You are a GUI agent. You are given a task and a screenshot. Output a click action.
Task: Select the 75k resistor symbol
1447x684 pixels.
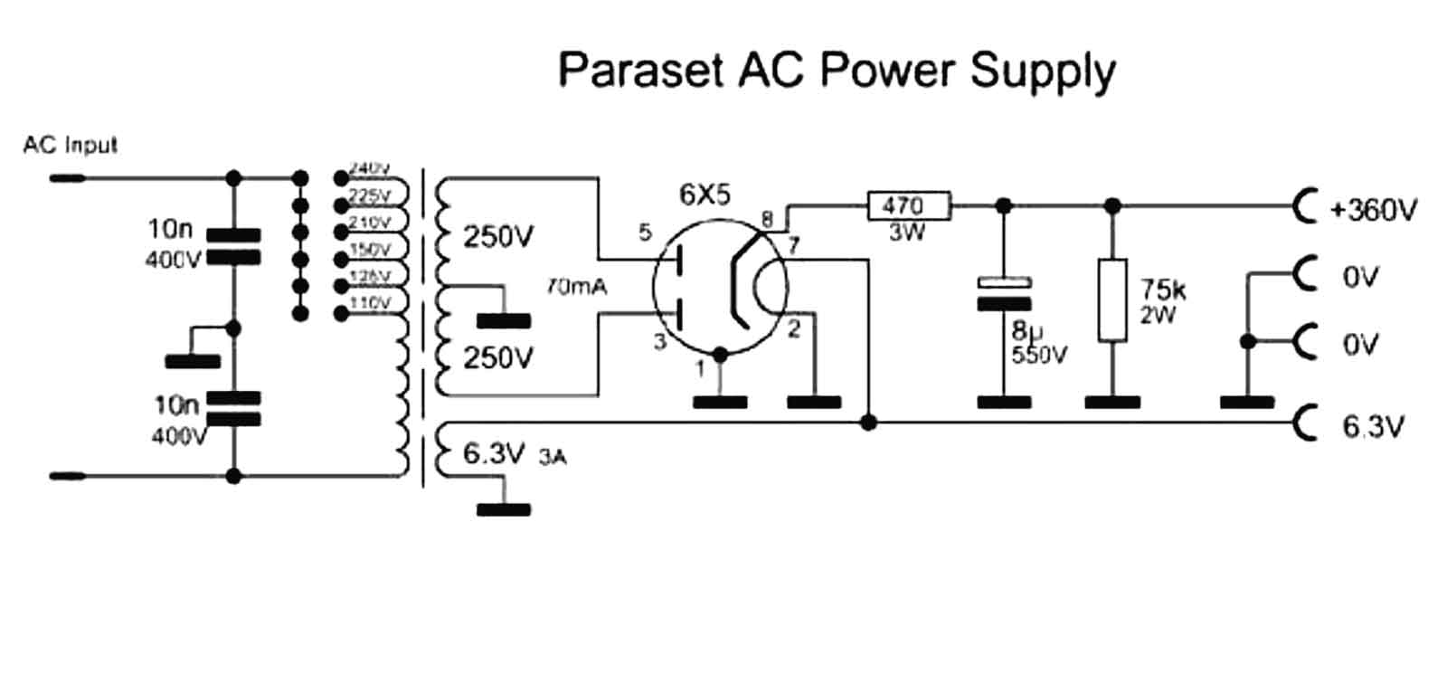pyautogui.click(x=1112, y=300)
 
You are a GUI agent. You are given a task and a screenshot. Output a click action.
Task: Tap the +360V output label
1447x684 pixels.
pyautogui.click(x=1373, y=210)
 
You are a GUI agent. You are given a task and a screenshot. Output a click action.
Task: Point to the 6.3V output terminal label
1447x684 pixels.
pyautogui.click(x=1373, y=425)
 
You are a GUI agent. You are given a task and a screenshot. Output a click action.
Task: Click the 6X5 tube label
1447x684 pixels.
pyautogui.click(x=705, y=195)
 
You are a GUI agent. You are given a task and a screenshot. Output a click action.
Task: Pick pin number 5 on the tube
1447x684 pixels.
pyautogui.click(x=645, y=233)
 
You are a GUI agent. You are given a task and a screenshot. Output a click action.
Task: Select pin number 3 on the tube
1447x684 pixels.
pyautogui.click(x=659, y=341)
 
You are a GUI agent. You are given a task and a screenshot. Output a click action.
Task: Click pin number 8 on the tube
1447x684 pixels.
pyautogui.click(x=767, y=218)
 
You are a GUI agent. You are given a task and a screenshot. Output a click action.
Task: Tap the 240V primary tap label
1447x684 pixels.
pyautogui.click(x=369, y=168)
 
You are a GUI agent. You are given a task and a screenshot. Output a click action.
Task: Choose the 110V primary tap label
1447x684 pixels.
pyautogui.click(x=369, y=303)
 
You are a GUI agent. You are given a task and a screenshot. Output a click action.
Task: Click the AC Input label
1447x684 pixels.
pyautogui.click(x=70, y=145)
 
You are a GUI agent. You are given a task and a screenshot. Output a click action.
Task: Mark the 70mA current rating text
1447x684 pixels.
pyautogui.click(x=576, y=287)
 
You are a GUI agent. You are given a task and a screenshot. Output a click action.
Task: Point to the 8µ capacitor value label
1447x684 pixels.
pyautogui.click(x=1022, y=331)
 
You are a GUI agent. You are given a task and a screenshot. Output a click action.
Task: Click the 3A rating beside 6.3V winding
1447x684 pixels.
pyautogui.click(x=552, y=457)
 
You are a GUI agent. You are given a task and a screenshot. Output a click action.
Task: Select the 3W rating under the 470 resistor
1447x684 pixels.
pyautogui.click(x=906, y=233)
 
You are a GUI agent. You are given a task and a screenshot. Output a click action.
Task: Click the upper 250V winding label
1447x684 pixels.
pyautogui.click(x=498, y=237)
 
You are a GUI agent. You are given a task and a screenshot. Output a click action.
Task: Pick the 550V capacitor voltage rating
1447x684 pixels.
pyautogui.click(x=1038, y=355)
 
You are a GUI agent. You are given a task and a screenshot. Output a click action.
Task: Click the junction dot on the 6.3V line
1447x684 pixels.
pyautogui.click(x=868, y=422)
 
